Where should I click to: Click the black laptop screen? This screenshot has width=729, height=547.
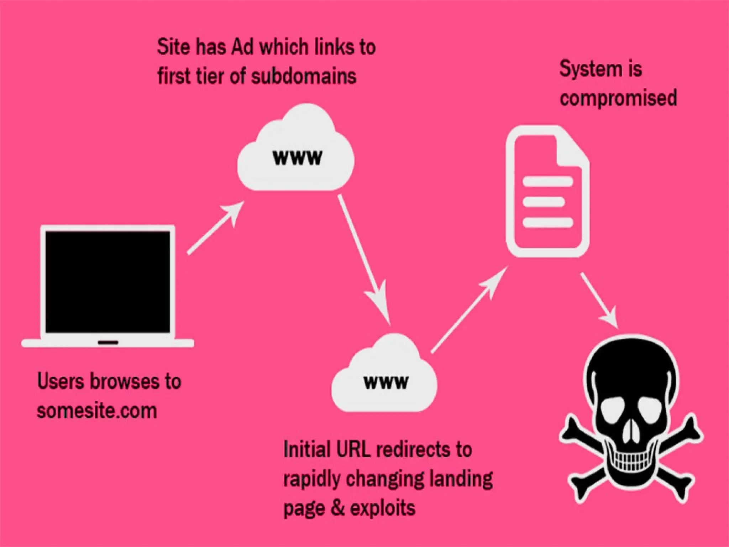[108, 281]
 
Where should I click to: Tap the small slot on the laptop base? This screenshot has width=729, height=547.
[108, 343]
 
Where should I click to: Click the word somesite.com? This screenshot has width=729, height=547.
[97, 411]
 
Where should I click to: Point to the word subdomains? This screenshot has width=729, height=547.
[304, 76]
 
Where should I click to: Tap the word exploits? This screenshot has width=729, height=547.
[382, 508]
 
